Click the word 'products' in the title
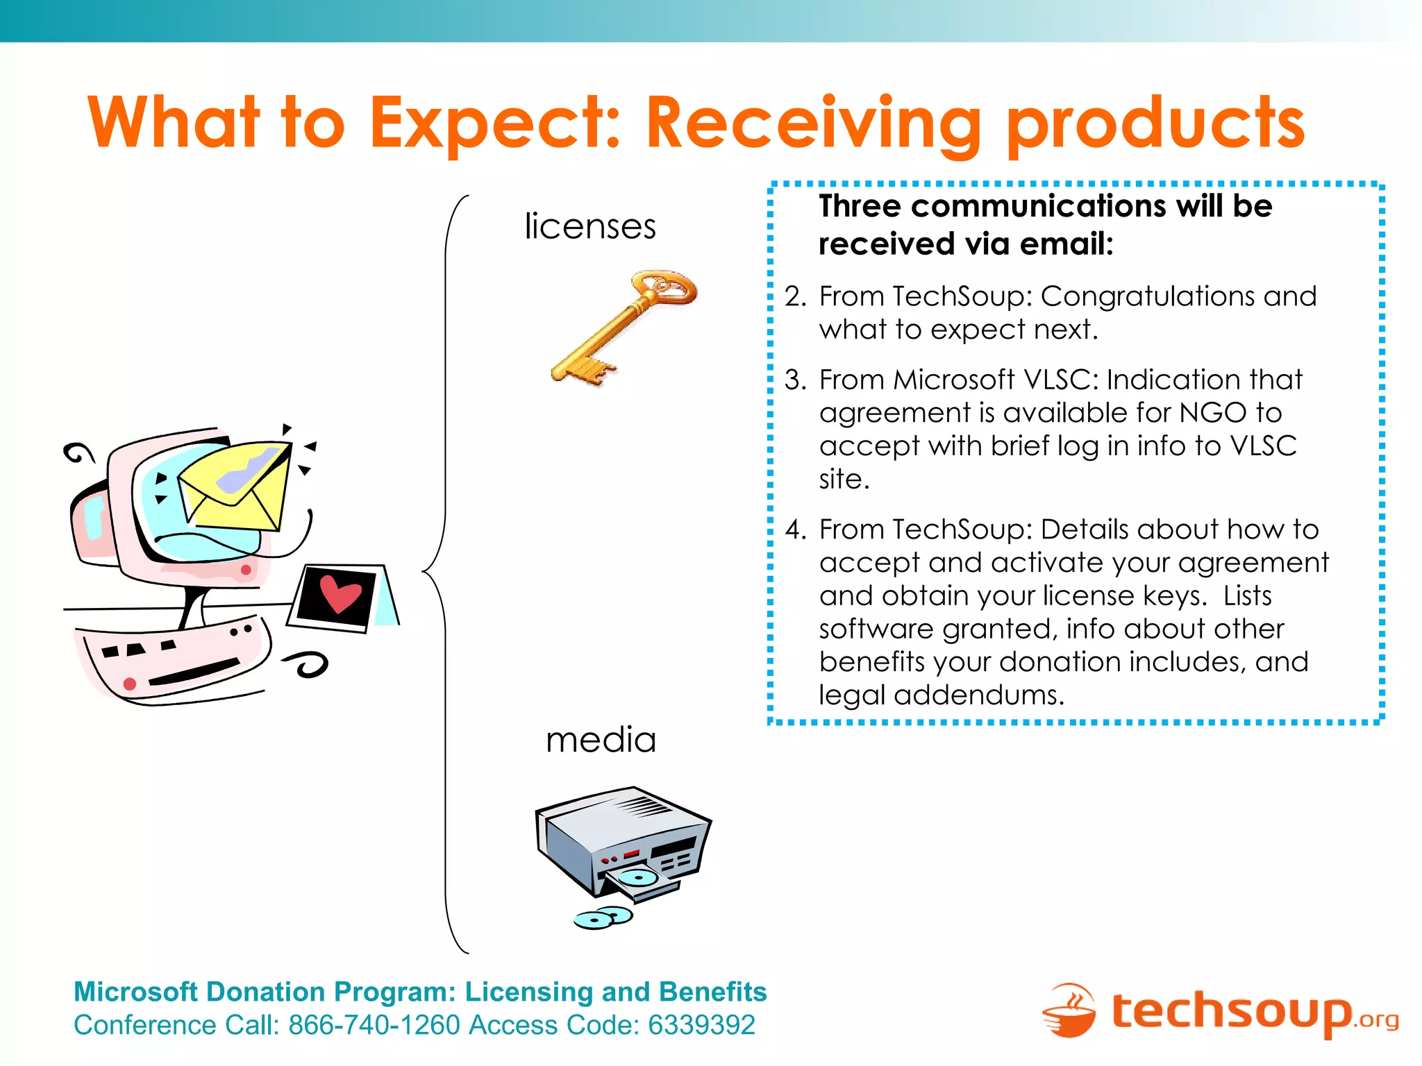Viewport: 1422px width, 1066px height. [1155, 125]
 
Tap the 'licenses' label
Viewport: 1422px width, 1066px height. [589, 227]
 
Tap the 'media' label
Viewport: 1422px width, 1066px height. [601, 740]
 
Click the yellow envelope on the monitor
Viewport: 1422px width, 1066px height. [236, 486]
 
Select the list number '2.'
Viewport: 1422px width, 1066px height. [796, 297]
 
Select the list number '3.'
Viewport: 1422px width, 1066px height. [796, 380]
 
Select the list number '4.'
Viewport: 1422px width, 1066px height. [796, 530]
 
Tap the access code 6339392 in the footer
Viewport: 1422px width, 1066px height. [701, 1026]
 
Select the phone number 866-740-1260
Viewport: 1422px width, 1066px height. [374, 1026]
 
